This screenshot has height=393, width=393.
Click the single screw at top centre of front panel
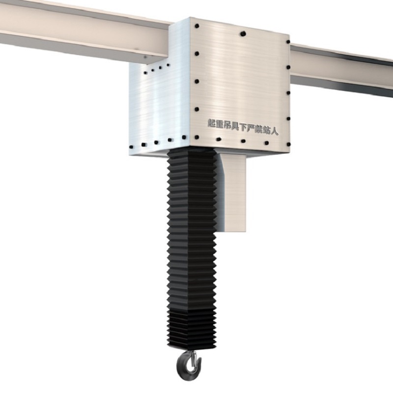pyautogui.click(x=243, y=33)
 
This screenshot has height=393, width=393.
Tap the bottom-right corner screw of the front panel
pyautogui.click(x=288, y=144)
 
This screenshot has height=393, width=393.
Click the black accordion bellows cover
pyautogui.click(x=192, y=246)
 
